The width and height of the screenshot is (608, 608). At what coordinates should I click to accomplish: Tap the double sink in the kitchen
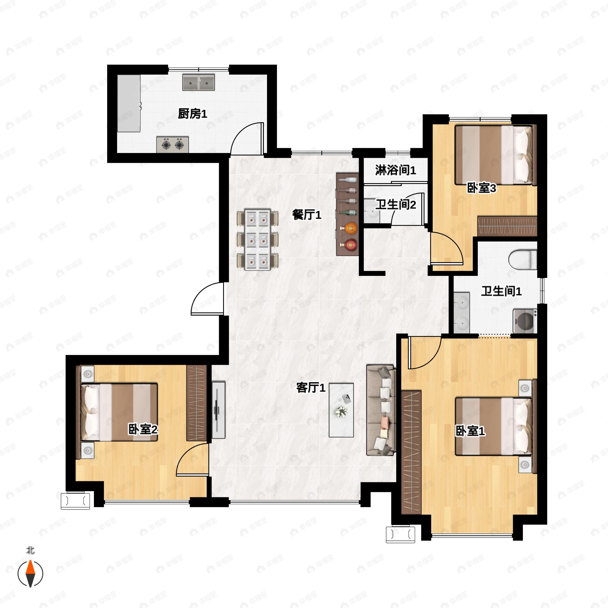coord(199,82)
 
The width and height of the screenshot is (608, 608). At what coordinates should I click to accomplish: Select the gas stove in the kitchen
coord(173,145)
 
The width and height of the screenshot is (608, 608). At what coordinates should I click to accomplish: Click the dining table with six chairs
coord(257,239)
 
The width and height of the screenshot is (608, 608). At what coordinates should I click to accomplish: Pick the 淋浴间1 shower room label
coord(395,170)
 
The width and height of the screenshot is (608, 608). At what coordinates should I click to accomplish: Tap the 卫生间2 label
coord(396,205)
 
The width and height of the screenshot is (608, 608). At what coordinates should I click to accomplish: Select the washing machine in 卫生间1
coord(525,321)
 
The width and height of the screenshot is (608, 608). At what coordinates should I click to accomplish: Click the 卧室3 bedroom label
coord(482,188)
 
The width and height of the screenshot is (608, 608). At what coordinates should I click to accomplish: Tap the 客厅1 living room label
coord(311,387)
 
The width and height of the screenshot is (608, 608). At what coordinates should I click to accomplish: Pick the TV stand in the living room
coord(218,410)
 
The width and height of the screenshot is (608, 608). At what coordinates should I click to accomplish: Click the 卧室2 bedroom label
coord(143,429)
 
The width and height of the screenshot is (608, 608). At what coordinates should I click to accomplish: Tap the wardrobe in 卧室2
coord(196,403)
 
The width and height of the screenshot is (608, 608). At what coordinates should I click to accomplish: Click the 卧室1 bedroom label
coord(470,431)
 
